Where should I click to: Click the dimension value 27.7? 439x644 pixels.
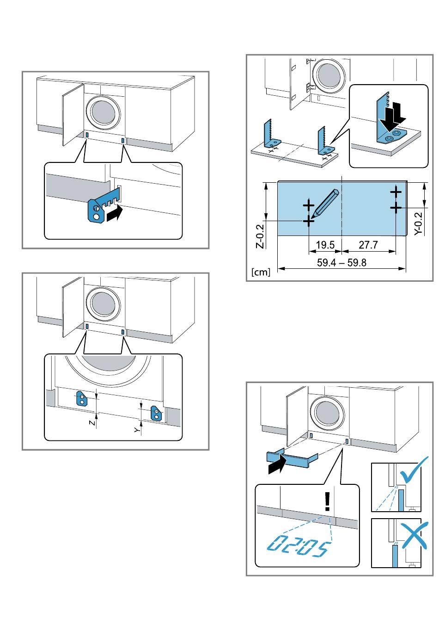coord(368,244)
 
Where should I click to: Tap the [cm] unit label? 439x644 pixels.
coord(261,272)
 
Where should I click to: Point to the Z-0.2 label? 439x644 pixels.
coord(260,236)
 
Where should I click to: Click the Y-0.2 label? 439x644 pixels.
coord(419,223)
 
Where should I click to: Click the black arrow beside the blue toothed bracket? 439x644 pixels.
coord(115,214)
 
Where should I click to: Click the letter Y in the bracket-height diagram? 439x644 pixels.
coord(137,430)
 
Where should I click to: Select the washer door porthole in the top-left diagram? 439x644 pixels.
coord(104,112)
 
